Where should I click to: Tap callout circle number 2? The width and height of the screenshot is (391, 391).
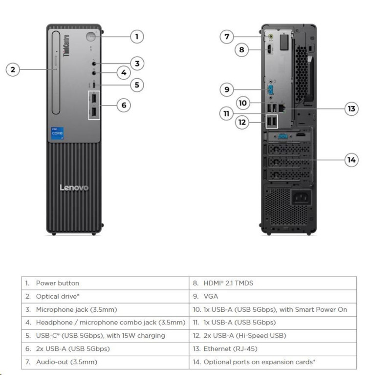13,70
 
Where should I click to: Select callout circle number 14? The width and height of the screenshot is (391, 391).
351,159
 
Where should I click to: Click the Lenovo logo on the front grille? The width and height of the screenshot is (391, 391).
74,187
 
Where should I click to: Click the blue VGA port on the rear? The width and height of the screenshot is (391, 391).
268,90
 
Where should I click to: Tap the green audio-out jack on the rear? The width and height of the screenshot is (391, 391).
268,36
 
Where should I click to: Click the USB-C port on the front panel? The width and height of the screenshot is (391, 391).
94,85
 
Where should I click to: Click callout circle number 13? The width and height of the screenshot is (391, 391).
351,109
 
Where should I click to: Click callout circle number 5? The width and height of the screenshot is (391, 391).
137,85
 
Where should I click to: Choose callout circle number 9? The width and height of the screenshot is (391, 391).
226,89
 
